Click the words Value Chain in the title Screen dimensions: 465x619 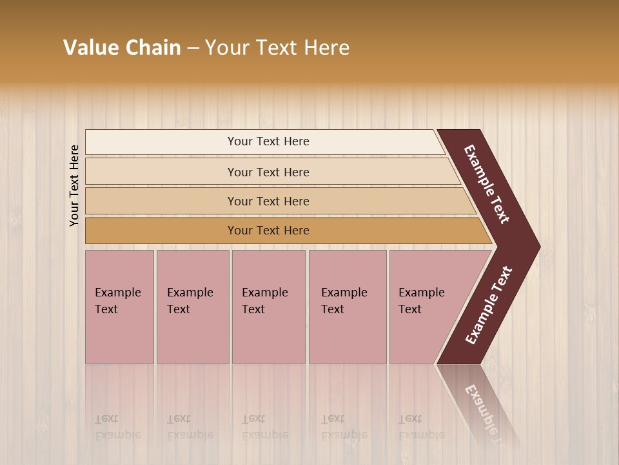(x=122, y=48)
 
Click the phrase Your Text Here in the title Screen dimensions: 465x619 (x=277, y=48)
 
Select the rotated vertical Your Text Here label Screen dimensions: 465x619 (x=75, y=185)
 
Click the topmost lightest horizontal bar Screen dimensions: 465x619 (x=268, y=141)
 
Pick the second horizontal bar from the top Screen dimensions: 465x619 (x=268, y=172)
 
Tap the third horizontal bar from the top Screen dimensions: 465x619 (x=268, y=201)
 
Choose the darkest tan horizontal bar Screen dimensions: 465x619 (x=268, y=231)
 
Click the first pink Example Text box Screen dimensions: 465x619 (x=119, y=307)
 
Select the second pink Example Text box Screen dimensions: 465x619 (x=192, y=307)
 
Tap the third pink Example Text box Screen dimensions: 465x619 (x=268, y=307)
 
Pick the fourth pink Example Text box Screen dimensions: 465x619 (x=347, y=307)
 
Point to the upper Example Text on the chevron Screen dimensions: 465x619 (x=487, y=184)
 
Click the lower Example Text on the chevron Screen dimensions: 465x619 (x=488, y=305)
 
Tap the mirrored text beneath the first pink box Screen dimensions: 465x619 (x=117, y=427)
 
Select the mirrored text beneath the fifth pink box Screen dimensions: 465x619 (x=421, y=427)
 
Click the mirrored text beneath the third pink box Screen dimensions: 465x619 (x=264, y=427)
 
